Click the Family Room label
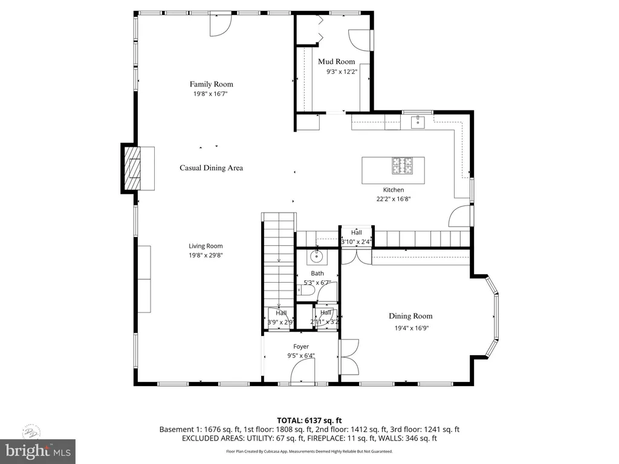pyautogui.click(x=211, y=84)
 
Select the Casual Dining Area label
pyautogui.click(x=211, y=168)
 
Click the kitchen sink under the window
pyautogui.click(x=418, y=123)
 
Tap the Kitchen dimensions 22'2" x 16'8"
pyautogui.click(x=393, y=199)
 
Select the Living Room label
pyautogui.click(x=206, y=246)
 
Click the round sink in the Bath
pyautogui.click(x=316, y=257)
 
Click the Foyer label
pyautogui.click(x=301, y=347)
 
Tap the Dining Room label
pyautogui.click(x=410, y=316)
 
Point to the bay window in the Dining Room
pyautogui.click(x=495, y=317)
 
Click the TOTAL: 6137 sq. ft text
pyautogui.click(x=309, y=420)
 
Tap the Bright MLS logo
pyautogui.click(x=37, y=450)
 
